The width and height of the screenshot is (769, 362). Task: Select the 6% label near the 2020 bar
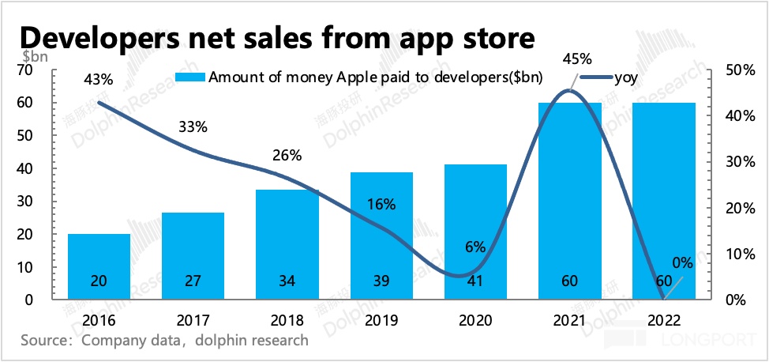pos(475,246)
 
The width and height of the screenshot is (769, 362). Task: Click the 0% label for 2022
pos(681,262)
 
